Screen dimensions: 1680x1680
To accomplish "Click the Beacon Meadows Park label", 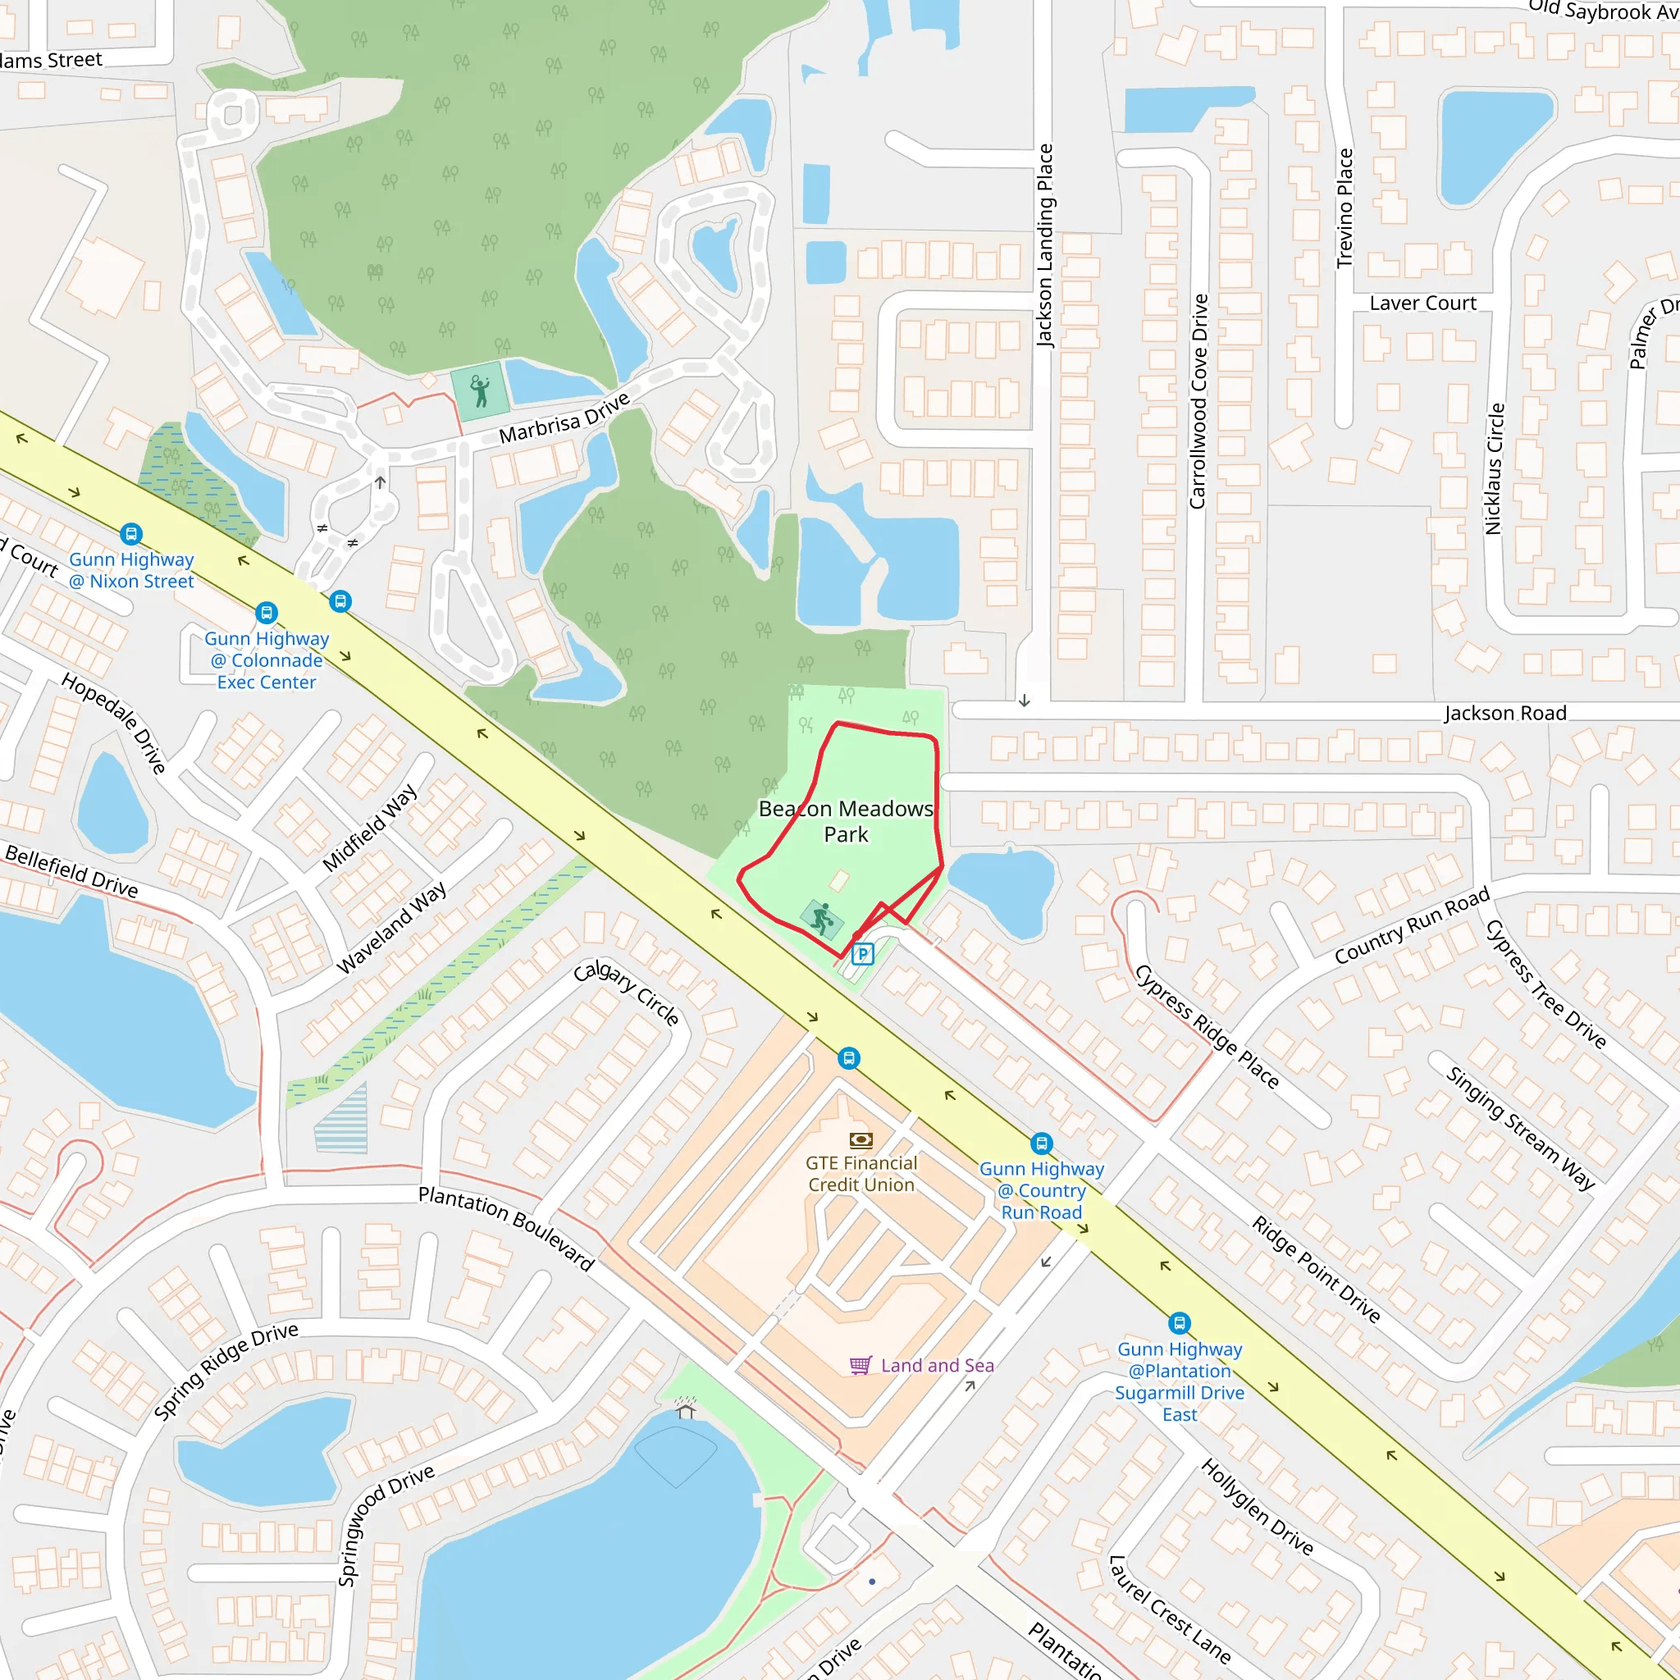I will (x=845, y=821).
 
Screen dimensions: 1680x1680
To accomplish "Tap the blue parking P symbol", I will (x=862, y=955).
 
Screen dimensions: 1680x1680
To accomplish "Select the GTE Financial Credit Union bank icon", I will (x=861, y=1139).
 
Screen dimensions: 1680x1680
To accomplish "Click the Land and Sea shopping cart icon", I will (x=860, y=1365).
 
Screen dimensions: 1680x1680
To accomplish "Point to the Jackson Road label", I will (x=1505, y=713).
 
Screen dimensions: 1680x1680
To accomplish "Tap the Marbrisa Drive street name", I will (x=564, y=418).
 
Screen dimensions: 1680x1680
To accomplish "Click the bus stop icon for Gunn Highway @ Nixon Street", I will (x=131, y=534).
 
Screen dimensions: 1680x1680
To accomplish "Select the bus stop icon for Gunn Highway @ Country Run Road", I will (x=1042, y=1144).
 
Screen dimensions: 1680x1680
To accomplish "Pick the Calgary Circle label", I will (x=626, y=993).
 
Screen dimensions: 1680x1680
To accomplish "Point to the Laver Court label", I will (x=1422, y=304).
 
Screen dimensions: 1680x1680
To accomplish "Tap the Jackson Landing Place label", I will (x=1044, y=246).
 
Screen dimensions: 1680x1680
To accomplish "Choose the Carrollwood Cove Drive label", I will (x=1198, y=401).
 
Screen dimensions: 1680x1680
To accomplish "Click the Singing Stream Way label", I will (x=1520, y=1127).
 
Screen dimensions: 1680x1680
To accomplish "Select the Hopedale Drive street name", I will (x=113, y=723).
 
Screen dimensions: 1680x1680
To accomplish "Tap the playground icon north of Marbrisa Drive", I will (x=479, y=391).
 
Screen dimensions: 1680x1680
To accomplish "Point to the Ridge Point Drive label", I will (x=1316, y=1270).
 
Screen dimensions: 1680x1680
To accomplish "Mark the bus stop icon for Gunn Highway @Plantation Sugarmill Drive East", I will (x=1179, y=1323).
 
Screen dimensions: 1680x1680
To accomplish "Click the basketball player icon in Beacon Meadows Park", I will (x=821, y=918).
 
